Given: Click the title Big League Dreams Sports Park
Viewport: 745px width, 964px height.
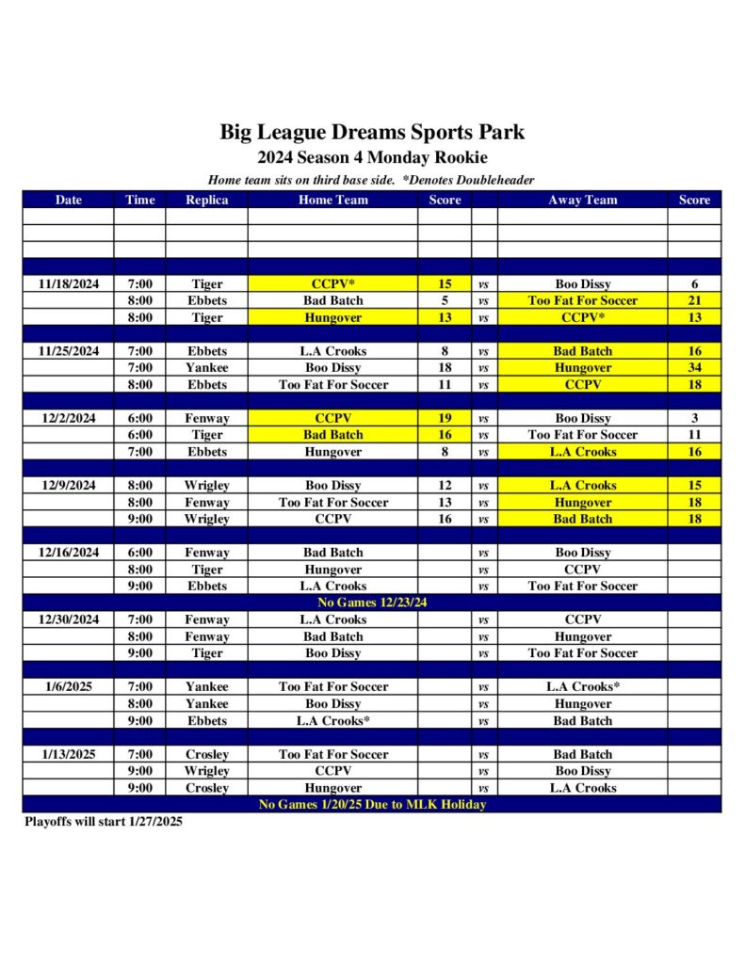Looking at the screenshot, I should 372,132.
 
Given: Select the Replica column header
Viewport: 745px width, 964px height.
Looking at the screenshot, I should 206,200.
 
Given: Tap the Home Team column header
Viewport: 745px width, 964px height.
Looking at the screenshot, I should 332,200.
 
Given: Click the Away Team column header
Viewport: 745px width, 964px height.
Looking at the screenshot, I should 582,200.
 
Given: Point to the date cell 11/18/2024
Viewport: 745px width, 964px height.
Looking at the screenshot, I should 68,283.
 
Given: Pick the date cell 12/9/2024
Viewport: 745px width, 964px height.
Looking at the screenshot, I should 68,486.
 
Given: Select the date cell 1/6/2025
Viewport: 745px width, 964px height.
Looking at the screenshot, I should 68,687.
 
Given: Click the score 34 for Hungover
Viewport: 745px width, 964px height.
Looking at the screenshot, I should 694,368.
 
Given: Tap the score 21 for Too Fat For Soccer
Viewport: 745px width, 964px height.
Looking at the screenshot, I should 694,300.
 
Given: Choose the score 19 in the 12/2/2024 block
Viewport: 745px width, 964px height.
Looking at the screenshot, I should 445,418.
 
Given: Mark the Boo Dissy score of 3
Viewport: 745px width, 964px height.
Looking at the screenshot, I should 694,418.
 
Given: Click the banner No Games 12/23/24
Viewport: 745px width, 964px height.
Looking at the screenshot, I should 372,602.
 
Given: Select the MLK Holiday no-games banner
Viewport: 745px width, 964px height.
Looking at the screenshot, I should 372,805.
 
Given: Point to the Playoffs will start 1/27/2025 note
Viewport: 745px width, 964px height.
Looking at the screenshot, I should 104,822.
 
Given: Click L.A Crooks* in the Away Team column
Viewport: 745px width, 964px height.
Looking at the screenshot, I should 582,687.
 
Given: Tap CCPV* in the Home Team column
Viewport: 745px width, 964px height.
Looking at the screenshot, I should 332,283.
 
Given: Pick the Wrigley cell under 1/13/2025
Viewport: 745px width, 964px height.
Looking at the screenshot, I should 206,771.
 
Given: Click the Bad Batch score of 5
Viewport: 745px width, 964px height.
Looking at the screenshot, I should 445,300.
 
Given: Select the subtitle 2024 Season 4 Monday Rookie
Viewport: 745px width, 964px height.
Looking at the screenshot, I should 372,158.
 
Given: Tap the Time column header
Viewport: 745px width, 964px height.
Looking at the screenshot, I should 139,200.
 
